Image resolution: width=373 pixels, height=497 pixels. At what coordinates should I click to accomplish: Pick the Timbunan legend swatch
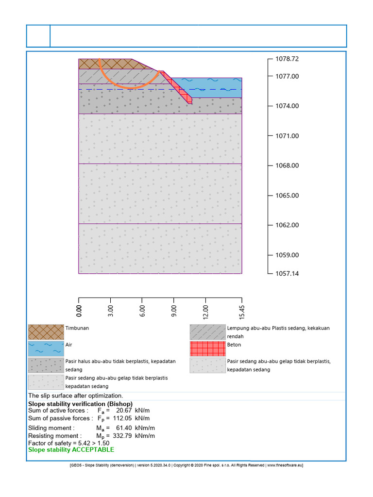coord(46,332)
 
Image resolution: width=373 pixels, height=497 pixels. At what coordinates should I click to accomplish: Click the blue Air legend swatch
coord(46,348)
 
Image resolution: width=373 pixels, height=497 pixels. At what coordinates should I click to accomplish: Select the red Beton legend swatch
coord(207,348)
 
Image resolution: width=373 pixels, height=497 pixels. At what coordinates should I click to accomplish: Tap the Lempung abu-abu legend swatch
coord(207,332)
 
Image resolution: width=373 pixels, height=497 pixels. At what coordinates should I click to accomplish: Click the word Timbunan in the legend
coord(77,328)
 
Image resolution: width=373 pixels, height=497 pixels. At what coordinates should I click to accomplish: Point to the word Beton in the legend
coord(234,345)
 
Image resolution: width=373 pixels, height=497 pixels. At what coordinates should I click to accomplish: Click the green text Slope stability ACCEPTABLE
coord(71,449)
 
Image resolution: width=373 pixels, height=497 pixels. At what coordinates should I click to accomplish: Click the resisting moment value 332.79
coord(122,436)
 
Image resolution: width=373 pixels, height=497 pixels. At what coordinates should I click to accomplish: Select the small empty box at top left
coord(38,36)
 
